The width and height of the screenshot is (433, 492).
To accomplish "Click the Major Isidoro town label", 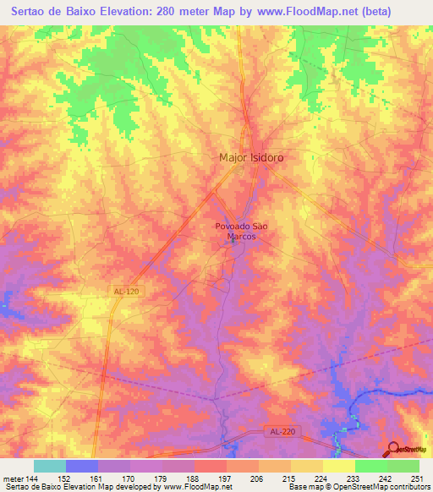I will [x=251, y=158].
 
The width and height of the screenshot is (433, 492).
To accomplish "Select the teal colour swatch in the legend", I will [x=50, y=466].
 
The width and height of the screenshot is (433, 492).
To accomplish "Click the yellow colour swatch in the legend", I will [x=339, y=466].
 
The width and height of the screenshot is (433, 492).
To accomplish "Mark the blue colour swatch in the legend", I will [x=82, y=466].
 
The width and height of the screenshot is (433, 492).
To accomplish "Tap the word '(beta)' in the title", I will [x=403, y=11].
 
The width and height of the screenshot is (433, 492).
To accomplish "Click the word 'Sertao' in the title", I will [x=28, y=11].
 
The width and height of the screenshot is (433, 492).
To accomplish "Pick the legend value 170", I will [x=130, y=478].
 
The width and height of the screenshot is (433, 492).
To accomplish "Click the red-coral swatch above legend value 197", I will [x=211, y=466].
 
